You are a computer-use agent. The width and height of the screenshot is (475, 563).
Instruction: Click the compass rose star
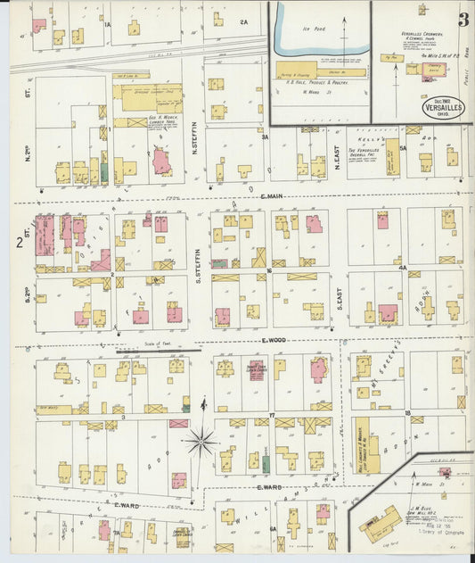pyautogui.click(x=201, y=440)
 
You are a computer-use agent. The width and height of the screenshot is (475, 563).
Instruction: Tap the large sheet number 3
pyautogui.click(x=463, y=20)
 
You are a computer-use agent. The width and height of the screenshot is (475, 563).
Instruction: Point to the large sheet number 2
pyautogui.click(x=19, y=242)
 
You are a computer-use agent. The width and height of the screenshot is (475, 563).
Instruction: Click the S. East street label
pyautogui.click(x=340, y=303)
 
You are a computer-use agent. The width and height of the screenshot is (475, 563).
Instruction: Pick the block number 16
pyautogui.click(x=268, y=268)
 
